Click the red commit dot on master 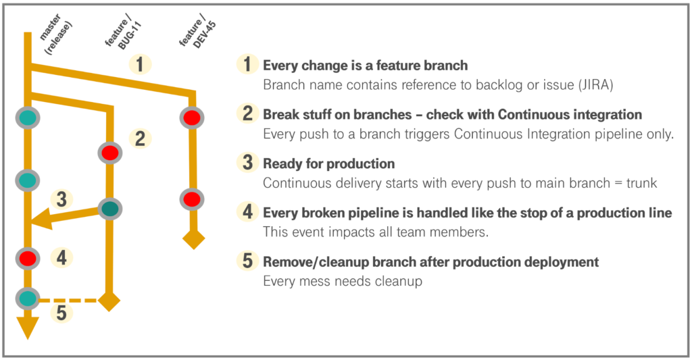coord(28,257)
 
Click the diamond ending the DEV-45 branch coord(193,239)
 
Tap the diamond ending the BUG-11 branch coord(109,299)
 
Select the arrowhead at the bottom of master coord(28,328)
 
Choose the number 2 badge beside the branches coord(140,138)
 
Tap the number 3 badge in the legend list coord(247,163)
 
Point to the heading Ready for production coord(328,164)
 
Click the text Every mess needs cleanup coord(343,280)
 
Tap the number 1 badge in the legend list coord(247,65)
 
